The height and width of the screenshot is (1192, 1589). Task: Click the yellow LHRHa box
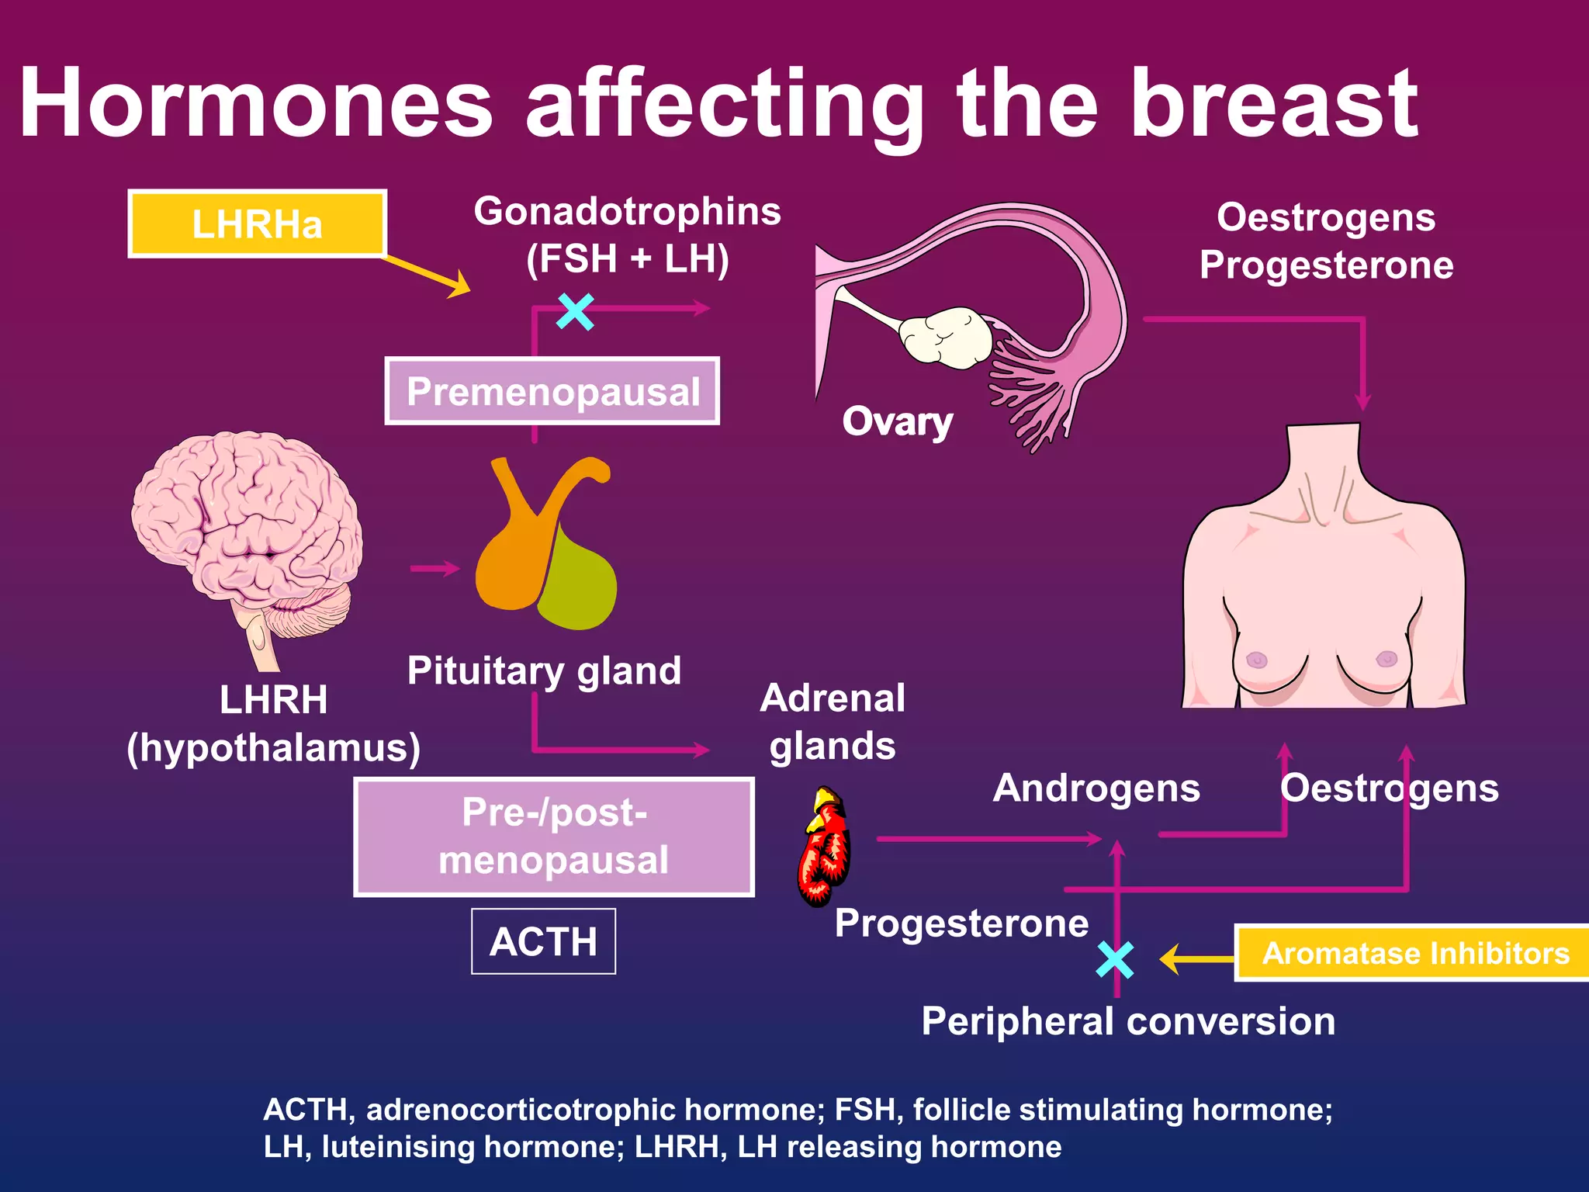[257, 223]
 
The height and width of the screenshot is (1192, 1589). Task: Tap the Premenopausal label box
[552, 391]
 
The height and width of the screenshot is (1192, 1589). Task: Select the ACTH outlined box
[543, 941]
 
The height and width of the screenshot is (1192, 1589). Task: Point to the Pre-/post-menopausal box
[554, 837]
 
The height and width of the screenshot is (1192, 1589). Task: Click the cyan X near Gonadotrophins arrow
[576, 311]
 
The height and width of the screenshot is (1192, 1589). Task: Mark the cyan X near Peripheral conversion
[1116, 959]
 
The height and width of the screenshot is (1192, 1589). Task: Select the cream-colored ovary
[946, 335]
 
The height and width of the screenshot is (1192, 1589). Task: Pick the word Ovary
[898, 422]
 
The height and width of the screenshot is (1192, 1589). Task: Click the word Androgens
[1096, 788]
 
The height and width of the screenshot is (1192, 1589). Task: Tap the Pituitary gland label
[544, 671]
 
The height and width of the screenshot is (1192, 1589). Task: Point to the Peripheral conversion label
[1128, 1021]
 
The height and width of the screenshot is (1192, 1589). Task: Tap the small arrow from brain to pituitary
[434, 569]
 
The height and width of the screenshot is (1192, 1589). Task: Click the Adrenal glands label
[833, 722]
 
